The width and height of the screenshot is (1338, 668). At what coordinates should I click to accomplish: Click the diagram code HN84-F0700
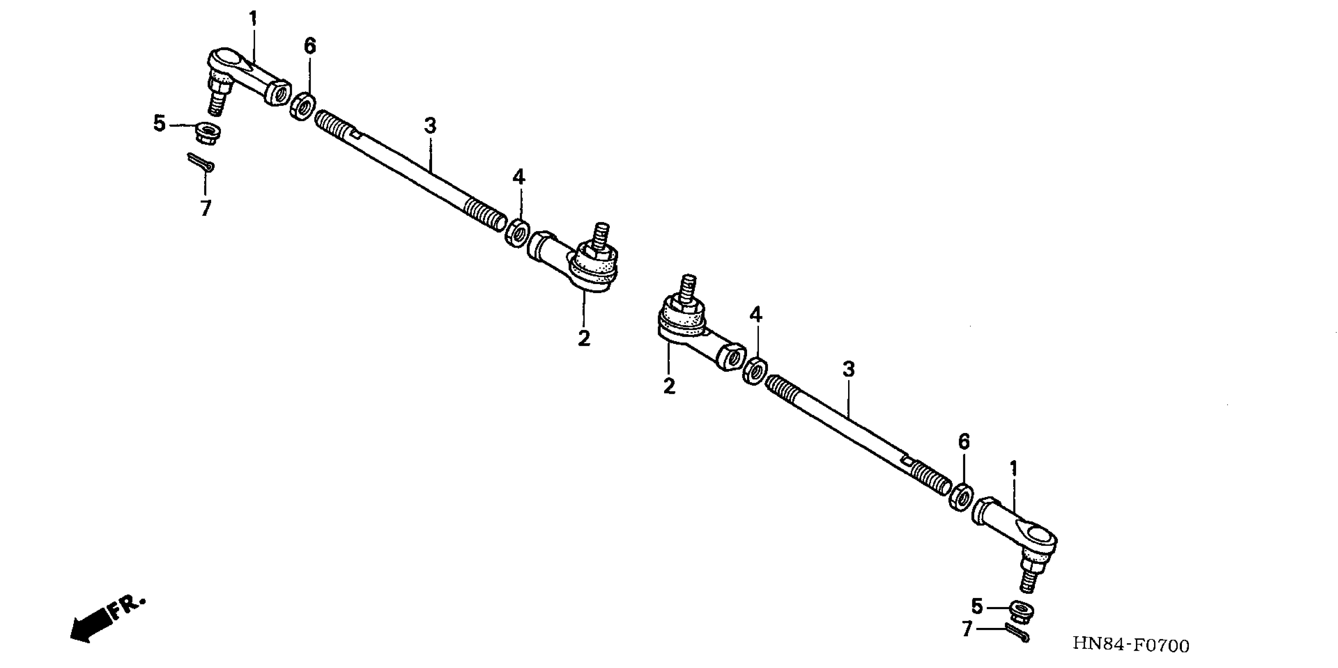(1131, 645)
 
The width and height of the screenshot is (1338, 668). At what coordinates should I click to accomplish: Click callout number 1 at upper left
(253, 19)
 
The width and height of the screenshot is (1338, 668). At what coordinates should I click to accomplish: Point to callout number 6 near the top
(309, 46)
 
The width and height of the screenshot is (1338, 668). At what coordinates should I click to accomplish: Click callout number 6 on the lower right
(964, 442)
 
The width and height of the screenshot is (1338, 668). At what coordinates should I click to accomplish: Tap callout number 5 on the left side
(160, 124)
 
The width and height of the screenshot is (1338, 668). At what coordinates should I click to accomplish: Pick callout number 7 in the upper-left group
(206, 208)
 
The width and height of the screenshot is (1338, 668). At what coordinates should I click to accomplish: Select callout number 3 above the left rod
(430, 126)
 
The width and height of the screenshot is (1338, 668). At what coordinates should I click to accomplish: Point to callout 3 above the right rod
(848, 369)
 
